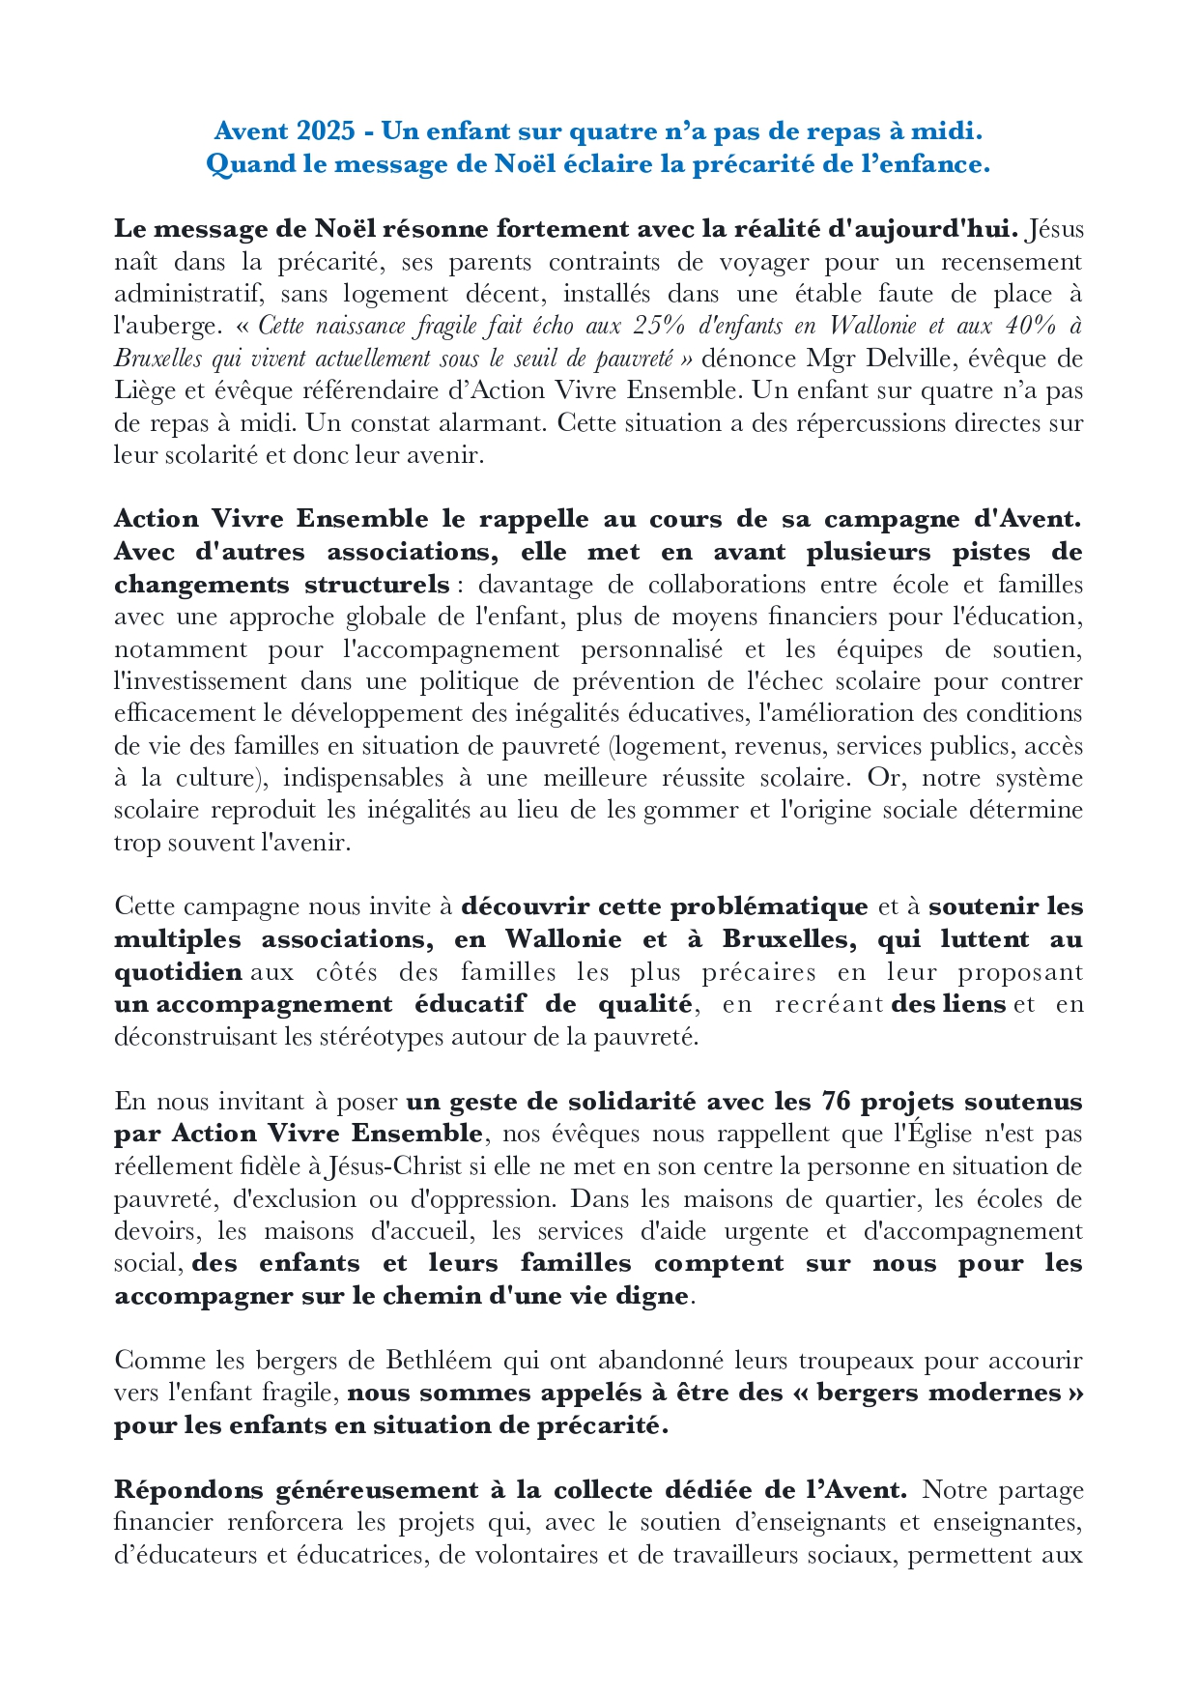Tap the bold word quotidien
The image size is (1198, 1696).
click(x=178, y=971)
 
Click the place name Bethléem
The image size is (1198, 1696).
click(x=440, y=1361)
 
